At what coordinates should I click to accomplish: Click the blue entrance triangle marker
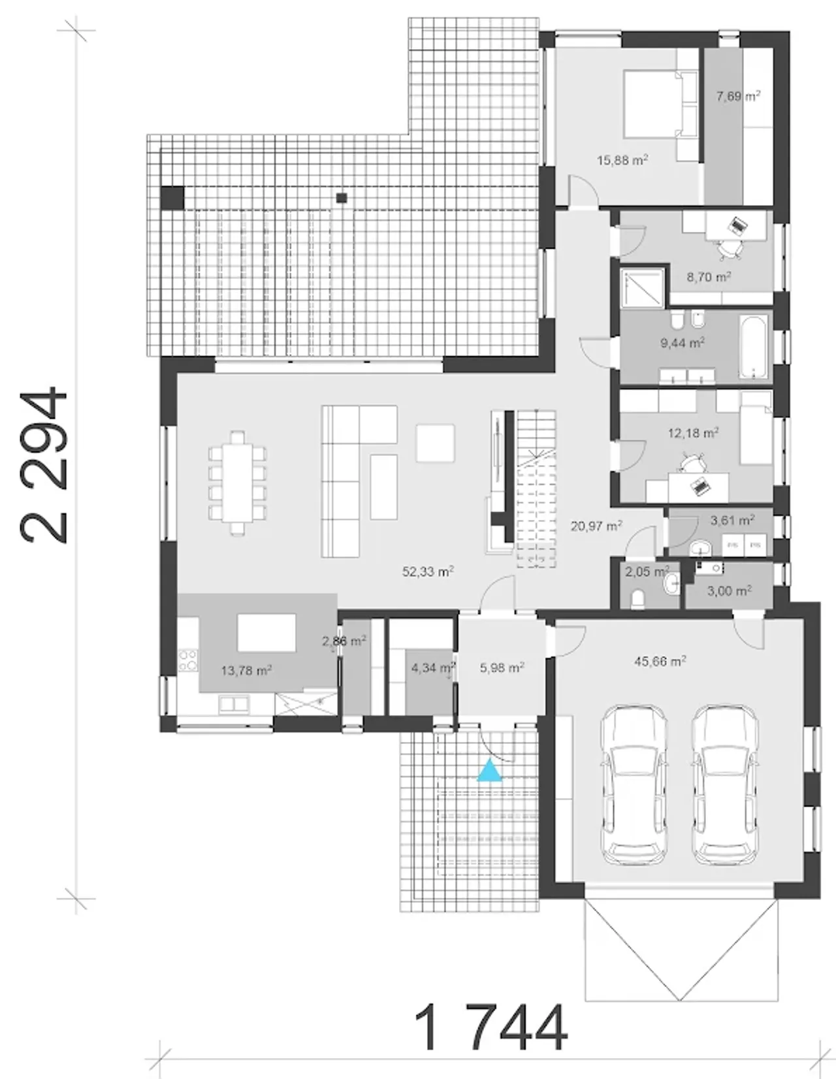pyautogui.click(x=489, y=771)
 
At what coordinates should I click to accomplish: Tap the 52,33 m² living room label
pyautogui.click(x=428, y=572)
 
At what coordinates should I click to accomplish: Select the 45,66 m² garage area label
pyautogui.click(x=660, y=661)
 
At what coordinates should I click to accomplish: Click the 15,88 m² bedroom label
pyautogui.click(x=622, y=160)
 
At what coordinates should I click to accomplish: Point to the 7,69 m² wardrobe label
pyautogui.click(x=738, y=96)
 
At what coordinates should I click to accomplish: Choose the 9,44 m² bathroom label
pyautogui.click(x=683, y=343)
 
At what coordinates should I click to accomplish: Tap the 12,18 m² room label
pyautogui.click(x=693, y=433)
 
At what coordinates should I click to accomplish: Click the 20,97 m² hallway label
pyautogui.click(x=596, y=525)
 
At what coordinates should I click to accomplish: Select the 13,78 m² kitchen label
pyautogui.click(x=246, y=671)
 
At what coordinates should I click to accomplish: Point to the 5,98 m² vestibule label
pyautogui.click(x=502, y=668)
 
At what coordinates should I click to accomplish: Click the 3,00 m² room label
pyautogui.click(x=729, y=590)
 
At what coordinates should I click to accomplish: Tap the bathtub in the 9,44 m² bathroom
pyautogui.click(x=753, y=347)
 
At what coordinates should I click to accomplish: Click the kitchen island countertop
pyautogui.click(x=266, y=633)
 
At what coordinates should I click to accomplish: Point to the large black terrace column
pyautogui.click(x=172, y=197)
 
